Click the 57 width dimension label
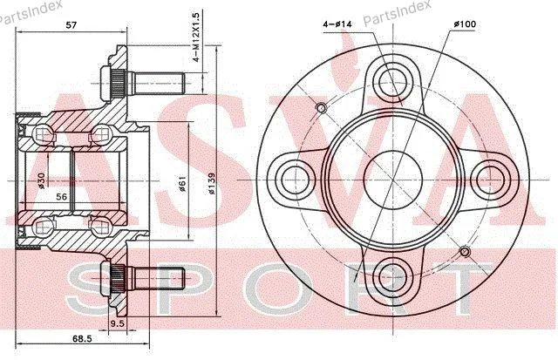71,24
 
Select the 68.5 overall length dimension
82,338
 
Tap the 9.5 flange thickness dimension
118,323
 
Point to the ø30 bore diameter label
41,180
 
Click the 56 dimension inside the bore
62,196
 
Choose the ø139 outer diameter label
211,184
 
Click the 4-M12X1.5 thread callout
197,36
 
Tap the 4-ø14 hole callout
337,24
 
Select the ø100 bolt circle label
465,24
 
